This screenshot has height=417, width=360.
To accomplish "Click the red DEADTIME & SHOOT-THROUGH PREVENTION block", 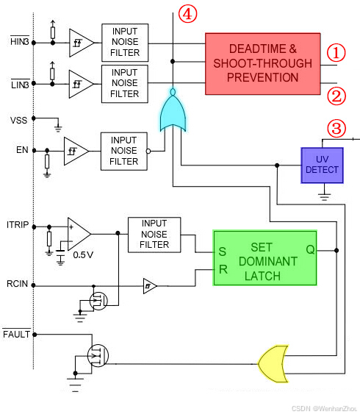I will (x=263, y=63).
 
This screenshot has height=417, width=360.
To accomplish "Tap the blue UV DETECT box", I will (x=323, y=165).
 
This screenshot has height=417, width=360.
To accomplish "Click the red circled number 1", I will (x=336, y=52).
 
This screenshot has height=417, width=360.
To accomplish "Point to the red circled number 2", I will (x=336, y=94).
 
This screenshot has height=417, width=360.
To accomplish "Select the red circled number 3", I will (x=336, y=129).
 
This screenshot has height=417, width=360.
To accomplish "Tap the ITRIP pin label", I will (x=18, y=225).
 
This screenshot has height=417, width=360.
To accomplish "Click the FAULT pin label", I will (x=16, y=335).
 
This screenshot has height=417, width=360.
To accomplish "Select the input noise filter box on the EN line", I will (x=124, y=150).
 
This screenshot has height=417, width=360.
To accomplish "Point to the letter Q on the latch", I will (x=310, y=249).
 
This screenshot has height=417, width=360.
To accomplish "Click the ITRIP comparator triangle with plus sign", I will (x=78, y=233).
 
